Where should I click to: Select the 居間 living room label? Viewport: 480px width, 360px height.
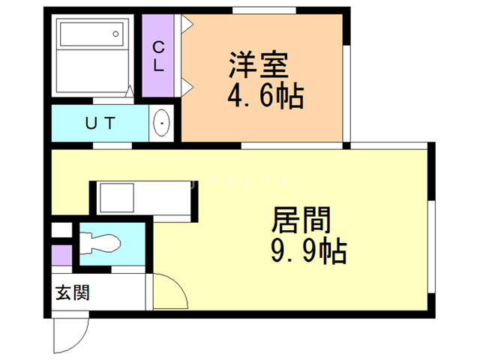click(x=300, y=222)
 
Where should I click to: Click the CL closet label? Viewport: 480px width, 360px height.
click(x=158, y=56)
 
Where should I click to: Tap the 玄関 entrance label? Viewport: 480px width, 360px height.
click(x=72, y=292)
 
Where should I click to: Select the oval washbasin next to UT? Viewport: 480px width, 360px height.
click(x=161, y=123)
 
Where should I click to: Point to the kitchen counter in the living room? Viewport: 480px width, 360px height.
click(x=142, y=198)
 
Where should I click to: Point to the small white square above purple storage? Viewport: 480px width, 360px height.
click(x=61, y=230)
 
